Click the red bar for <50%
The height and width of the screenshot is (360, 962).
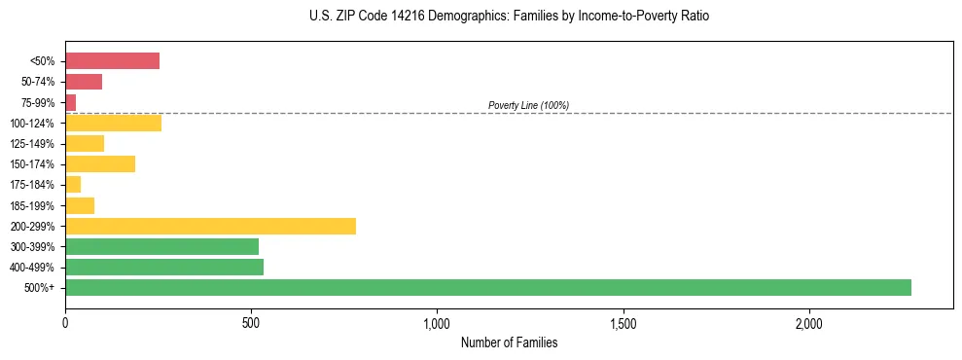coord(112,60)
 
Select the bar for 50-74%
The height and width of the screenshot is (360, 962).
coord(84,82)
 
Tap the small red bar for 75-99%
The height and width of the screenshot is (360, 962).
coord(70,102)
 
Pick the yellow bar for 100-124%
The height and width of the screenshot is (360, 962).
coord(113,123)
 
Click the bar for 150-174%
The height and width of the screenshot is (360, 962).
coord(100,163)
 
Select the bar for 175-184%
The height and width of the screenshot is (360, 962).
coord(73,184)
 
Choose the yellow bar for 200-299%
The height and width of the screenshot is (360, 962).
coord(210,226)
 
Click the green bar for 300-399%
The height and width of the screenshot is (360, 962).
coord(161,246)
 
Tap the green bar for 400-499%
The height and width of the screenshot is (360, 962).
coord(164,267)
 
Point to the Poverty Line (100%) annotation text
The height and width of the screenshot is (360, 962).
coord(528,105)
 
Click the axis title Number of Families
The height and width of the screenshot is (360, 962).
coord(509,342)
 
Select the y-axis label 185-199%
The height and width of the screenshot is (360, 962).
coord(32,205)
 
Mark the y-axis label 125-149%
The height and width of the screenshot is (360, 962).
coord(32,143)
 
